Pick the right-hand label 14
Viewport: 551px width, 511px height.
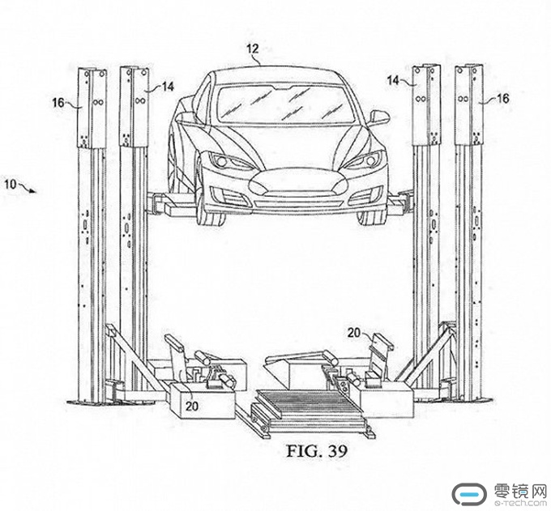392,81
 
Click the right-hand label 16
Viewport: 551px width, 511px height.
502,98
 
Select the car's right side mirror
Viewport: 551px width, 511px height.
378,118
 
